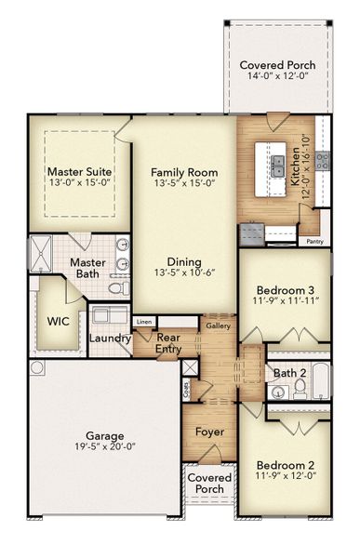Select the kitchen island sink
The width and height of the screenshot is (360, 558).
coord(277,166)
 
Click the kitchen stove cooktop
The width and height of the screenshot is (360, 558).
coord(322,161)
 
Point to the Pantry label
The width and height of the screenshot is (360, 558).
coord(315,242)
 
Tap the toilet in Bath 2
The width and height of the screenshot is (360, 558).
coord(300,386)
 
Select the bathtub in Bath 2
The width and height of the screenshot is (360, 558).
coord(318,380)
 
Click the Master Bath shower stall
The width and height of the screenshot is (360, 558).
coord(40,250)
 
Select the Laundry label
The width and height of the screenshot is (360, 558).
coord(110,339)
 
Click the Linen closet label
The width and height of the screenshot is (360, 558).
coord(143,323)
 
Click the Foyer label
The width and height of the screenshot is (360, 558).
coord(209,433)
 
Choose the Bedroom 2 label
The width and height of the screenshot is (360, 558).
coord(286,465)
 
